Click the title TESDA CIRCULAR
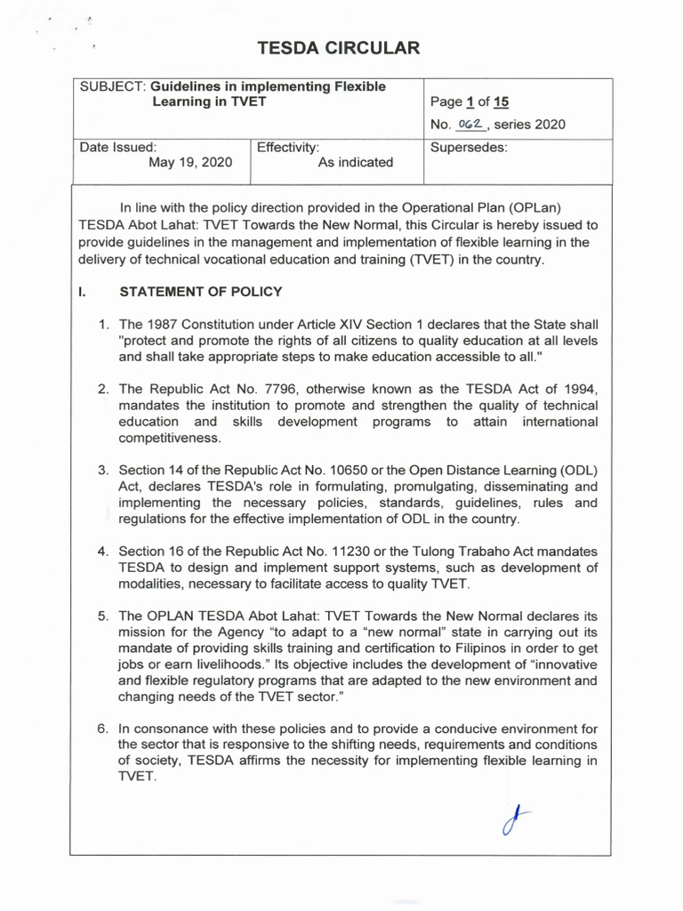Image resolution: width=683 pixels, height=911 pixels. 337,49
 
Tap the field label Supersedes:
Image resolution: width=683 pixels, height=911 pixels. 469,147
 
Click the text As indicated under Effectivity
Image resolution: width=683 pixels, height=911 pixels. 355,163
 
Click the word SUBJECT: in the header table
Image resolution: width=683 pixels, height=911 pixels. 113,86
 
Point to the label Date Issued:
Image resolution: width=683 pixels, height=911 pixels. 118,147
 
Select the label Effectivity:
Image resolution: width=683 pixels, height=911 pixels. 288,147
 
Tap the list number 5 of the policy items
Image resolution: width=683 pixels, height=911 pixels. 102,616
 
